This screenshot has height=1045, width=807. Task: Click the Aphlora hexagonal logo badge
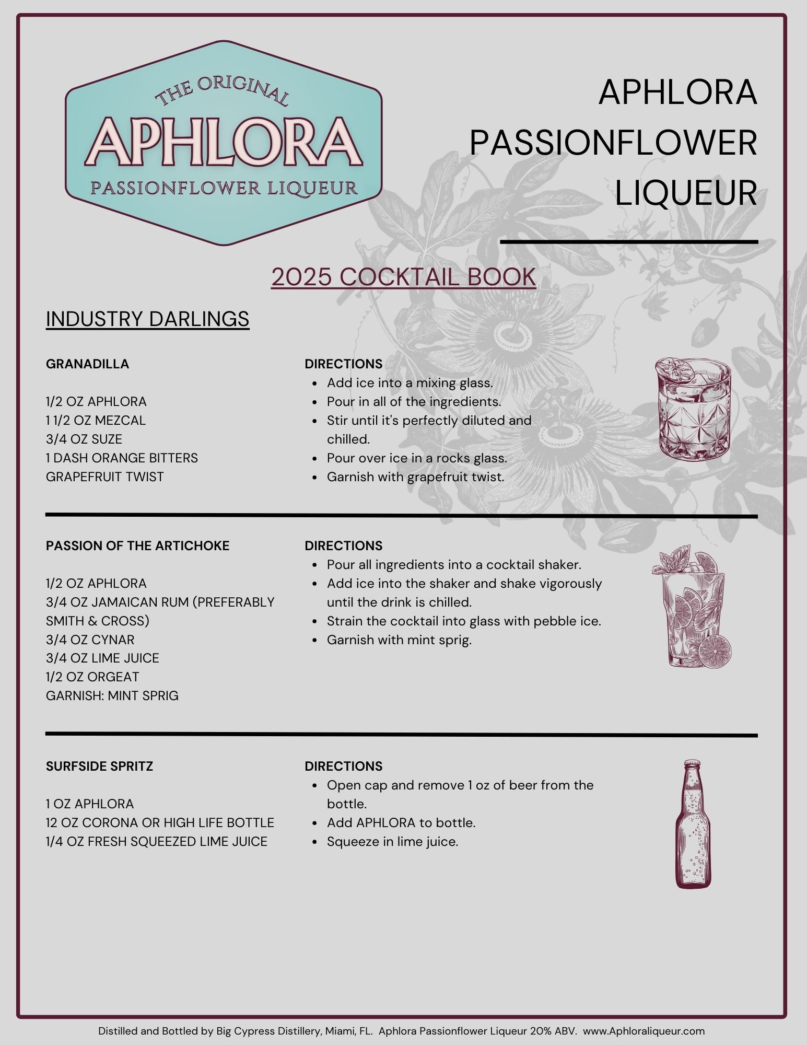click(x=224, y=143)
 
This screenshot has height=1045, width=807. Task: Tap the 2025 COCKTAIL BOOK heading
click(x=403, y=277)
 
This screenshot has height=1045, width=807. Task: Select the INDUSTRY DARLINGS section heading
click(x=147, y=319)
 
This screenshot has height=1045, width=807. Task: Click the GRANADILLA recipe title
click(x=87, y=364)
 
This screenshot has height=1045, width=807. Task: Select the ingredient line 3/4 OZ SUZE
click(x=84, y=439)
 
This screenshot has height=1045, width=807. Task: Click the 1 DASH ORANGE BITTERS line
click(x=122, y=458)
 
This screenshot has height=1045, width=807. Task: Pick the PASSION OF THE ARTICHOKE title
click(x=137, y=545)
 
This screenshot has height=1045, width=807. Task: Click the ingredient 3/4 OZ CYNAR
click(x=90, y=640)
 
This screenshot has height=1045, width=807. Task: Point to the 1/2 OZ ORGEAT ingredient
click(x=92, y=677)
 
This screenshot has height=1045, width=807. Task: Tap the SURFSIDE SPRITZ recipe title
click(x=99, y=766)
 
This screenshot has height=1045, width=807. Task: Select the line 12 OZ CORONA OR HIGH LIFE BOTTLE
click(x=160, y=822)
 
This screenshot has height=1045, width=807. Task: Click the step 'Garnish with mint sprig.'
click(x=399, y=640)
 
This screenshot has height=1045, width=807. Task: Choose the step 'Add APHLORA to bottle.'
click(x=401, y=822)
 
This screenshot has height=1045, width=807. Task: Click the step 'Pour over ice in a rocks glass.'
click(x=417, y=458)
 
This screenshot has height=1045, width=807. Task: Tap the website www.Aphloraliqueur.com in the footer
click(x=644, y=1031)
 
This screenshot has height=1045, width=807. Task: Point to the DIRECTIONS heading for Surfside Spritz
click(x=343, y=766)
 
